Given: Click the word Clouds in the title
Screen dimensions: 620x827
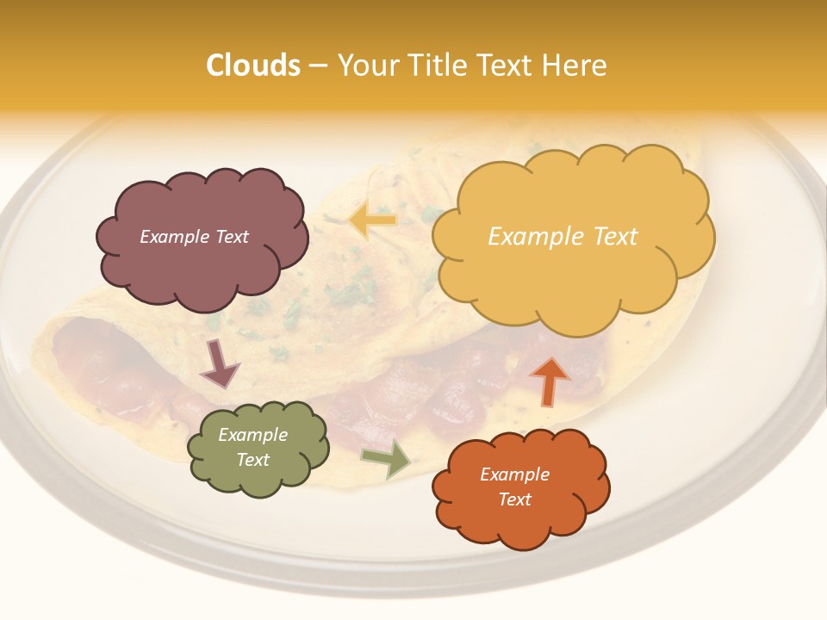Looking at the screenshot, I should (x=253, y=65).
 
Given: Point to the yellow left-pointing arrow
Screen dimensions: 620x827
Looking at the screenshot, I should (x=372, y=221).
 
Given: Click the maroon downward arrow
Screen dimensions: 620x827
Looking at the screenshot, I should (x=219, y=364).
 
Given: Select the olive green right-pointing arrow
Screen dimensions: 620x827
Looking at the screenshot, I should (x=387, y=459).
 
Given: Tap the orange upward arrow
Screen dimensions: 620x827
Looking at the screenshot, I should (x=549, y=380).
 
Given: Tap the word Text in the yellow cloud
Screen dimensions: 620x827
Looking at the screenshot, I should (x=615, y=237).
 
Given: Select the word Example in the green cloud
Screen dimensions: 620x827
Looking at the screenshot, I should (x=253, y=435).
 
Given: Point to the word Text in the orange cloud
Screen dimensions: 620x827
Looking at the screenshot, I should (x=514, y=499).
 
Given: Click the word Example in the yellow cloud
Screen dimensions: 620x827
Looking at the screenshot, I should (x=537, y=237).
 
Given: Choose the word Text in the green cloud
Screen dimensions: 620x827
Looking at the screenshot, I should (x=253, y=460).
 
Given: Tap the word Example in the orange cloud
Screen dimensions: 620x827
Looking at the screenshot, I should (x=514, y=474).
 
